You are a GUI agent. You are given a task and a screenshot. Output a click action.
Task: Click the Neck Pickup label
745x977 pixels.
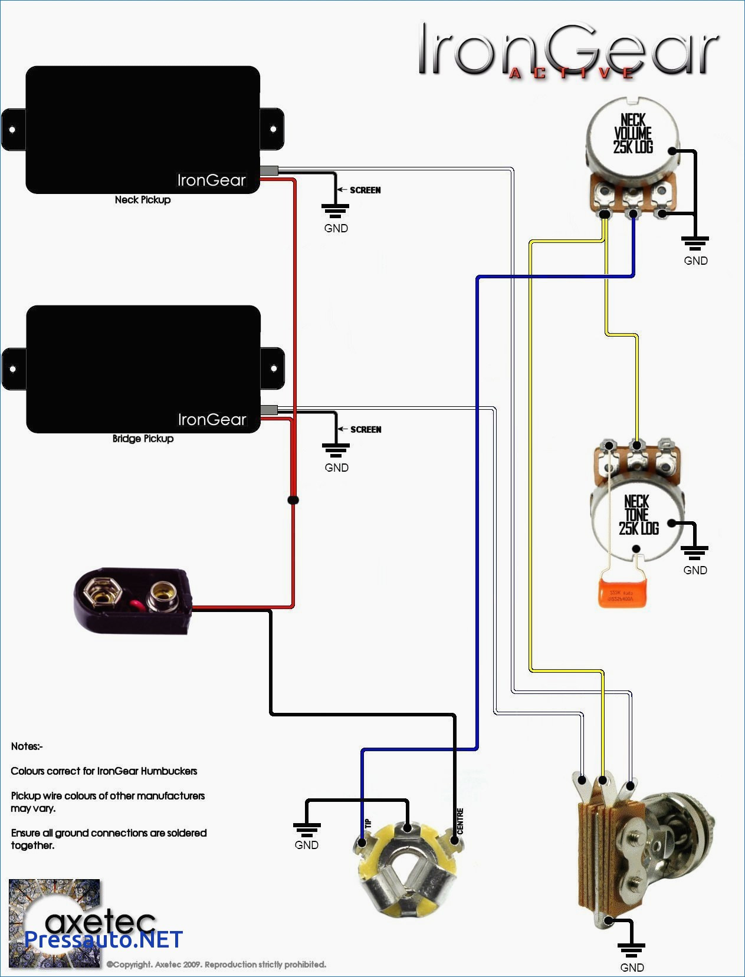143,200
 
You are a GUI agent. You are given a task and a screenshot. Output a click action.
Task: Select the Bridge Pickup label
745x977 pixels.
143,439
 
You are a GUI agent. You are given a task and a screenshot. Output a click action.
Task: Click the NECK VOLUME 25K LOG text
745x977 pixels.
633,134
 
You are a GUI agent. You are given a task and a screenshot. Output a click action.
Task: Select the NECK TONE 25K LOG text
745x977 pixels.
638,515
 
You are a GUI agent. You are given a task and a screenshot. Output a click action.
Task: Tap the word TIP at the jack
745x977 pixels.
368,823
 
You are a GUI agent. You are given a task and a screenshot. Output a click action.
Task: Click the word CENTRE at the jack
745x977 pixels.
460,821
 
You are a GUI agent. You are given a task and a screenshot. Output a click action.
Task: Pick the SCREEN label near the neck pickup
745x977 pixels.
365,190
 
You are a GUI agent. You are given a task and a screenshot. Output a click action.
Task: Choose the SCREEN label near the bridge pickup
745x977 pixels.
366,429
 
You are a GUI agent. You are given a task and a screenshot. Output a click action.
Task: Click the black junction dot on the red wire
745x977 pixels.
293,500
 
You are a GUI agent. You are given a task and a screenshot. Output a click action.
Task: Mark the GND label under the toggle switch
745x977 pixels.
632,968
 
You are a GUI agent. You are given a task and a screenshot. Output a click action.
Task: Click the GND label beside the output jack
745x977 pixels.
306,845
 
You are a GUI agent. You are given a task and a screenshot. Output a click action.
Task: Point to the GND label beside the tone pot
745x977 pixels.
695,570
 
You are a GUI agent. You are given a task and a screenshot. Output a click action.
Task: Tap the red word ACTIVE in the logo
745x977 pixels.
571,73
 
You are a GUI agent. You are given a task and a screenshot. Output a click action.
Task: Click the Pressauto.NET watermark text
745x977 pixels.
104,939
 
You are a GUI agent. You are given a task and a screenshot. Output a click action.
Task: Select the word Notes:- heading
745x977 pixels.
27,746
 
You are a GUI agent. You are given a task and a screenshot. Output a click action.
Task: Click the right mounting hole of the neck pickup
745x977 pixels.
273,129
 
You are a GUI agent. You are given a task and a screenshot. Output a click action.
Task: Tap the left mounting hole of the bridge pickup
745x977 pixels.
13,369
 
